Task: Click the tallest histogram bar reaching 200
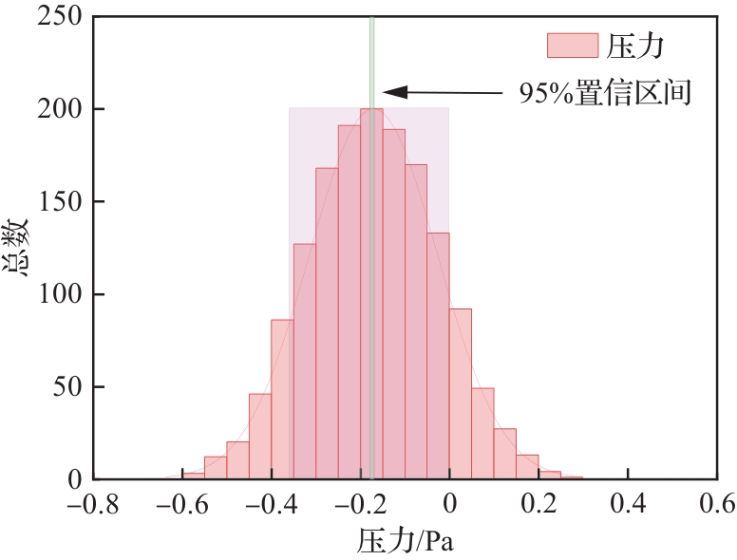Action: tap(371, 294)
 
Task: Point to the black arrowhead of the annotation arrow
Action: tap(393, 92)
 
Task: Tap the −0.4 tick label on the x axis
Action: tap(270, 502)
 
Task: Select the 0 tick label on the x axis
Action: tap(449, 502)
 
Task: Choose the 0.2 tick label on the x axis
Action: tap(539, 502)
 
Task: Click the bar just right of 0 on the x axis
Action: tap(461, 394)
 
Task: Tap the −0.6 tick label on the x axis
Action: tap(180, 502)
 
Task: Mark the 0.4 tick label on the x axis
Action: tap(627, 502)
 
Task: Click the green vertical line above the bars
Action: tap(371, 57)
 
